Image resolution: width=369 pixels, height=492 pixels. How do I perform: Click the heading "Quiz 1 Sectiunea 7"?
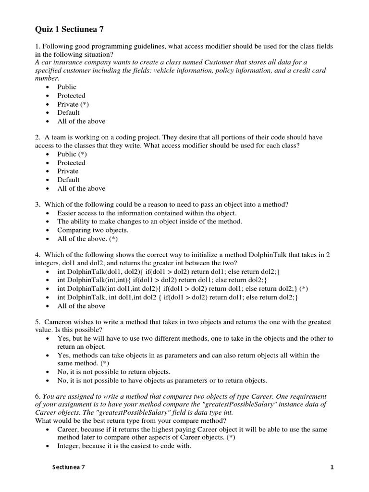point(69,30)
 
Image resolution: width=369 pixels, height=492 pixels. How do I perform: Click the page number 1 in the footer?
point(332,467)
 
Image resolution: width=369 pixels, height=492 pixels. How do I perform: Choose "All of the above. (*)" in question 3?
point(87,239)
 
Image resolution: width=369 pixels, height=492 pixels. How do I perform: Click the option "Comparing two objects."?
point(93,230)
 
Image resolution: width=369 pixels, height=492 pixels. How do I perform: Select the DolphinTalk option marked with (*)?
point(182,289)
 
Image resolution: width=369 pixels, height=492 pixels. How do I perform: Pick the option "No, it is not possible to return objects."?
point(145,372)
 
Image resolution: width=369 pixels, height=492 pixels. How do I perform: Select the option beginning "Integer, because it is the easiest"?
point(124,446)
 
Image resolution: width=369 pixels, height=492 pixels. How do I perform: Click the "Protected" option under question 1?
point(71,96)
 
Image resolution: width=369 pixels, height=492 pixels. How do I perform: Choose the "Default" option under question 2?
point(68,180)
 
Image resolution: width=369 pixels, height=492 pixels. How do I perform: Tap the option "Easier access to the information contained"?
point(147,213)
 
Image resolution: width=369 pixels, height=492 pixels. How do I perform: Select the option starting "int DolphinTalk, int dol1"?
point(178,297)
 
